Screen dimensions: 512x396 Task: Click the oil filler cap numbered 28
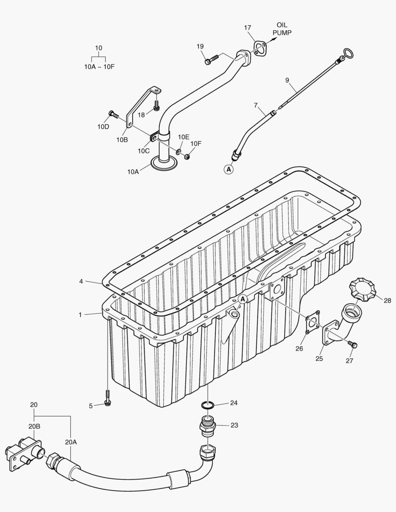point(363,290)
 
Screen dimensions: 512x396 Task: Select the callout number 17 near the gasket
point(248,28)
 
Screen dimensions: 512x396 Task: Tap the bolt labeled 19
point(210,60)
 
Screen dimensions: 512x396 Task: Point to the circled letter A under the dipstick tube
point(229,168)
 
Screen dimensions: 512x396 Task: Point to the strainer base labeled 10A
point(165,164)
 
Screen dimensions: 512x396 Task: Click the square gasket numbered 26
point(311,325)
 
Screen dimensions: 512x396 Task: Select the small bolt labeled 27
point(352,344)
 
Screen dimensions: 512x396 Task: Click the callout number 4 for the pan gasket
point(81,282)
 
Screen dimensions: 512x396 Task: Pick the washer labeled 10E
point(178,152)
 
